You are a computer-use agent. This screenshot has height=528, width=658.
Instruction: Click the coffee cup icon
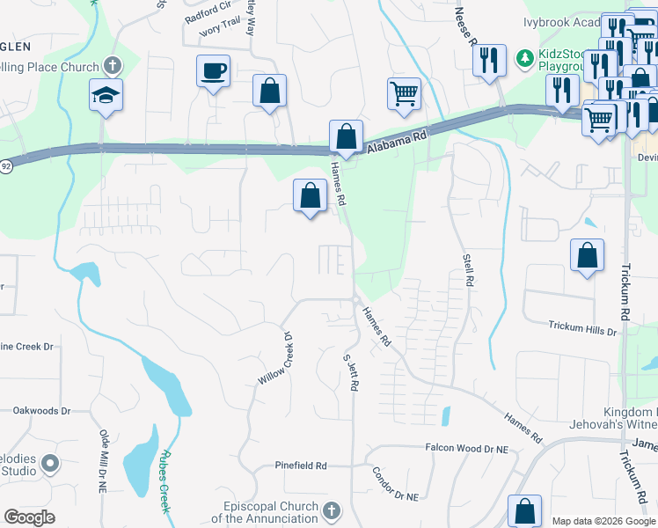coord(213,70)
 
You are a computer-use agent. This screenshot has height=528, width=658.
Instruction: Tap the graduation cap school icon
coord(106,94)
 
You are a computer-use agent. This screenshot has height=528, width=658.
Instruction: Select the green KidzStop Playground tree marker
coord(524,58)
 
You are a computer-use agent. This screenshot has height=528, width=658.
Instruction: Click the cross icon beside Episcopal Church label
coord(332,511)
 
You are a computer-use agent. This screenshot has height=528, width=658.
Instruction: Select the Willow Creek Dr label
coord(274,358)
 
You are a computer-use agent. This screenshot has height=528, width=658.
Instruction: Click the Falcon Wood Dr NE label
coord(468,448)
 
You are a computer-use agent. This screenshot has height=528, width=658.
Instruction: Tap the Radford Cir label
coord(208,17)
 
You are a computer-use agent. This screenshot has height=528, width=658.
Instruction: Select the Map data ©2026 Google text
coord(603,520)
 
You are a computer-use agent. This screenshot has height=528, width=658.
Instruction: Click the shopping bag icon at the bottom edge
coord(525,512)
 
